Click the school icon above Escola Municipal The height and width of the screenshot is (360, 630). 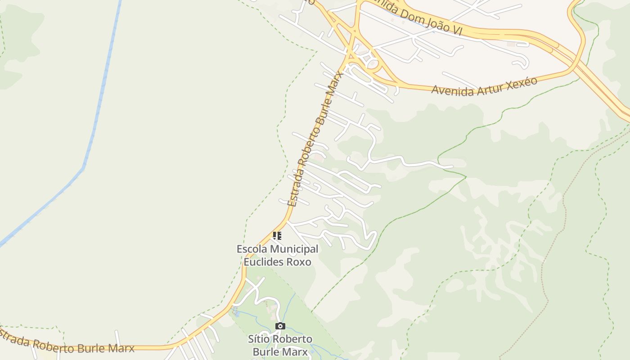pos(277,235)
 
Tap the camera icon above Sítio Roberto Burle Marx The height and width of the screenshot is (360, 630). pos(280,326)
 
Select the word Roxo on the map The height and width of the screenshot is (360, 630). pos(299,261)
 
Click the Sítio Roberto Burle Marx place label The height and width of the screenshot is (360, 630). pos(280,345)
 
